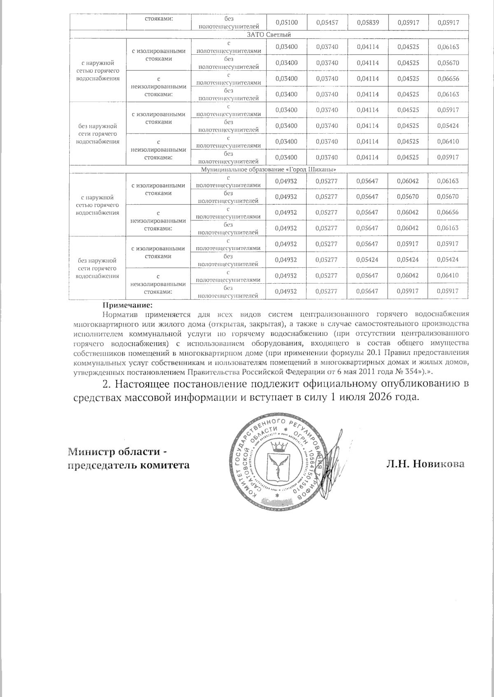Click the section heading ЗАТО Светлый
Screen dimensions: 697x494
[x=269, y=34]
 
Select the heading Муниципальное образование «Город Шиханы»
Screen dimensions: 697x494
[x=269, y=169]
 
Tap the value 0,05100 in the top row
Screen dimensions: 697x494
[x=286, y=23]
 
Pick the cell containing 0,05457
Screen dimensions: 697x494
[x=327, y=23]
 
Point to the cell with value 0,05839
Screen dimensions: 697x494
[x=367, y=23]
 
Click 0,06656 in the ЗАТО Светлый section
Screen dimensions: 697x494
[x=448, y=79]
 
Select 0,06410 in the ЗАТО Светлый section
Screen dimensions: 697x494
[x=448, y=141]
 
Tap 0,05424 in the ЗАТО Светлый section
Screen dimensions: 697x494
[x=448, y=126]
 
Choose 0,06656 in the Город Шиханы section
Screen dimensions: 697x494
[x=448, y=213]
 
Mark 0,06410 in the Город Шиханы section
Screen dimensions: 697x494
[x=448, y=276]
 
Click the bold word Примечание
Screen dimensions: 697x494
[x=127, y=306]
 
